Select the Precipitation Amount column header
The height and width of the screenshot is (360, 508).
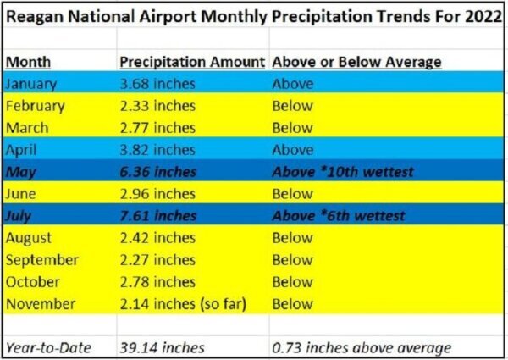click(x=191, y=62)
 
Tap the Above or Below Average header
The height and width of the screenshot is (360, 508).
click(x=356, y=62)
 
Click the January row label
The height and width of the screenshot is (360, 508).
click(x=32, y=84)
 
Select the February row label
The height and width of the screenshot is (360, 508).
click(x=36, y=106)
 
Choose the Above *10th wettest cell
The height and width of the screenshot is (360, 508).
click(x=342, y=172)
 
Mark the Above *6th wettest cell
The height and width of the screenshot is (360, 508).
click(x=339, y=216)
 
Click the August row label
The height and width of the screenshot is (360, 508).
click(x=30, y=238)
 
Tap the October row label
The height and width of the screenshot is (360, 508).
click(x=32, y=282)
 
